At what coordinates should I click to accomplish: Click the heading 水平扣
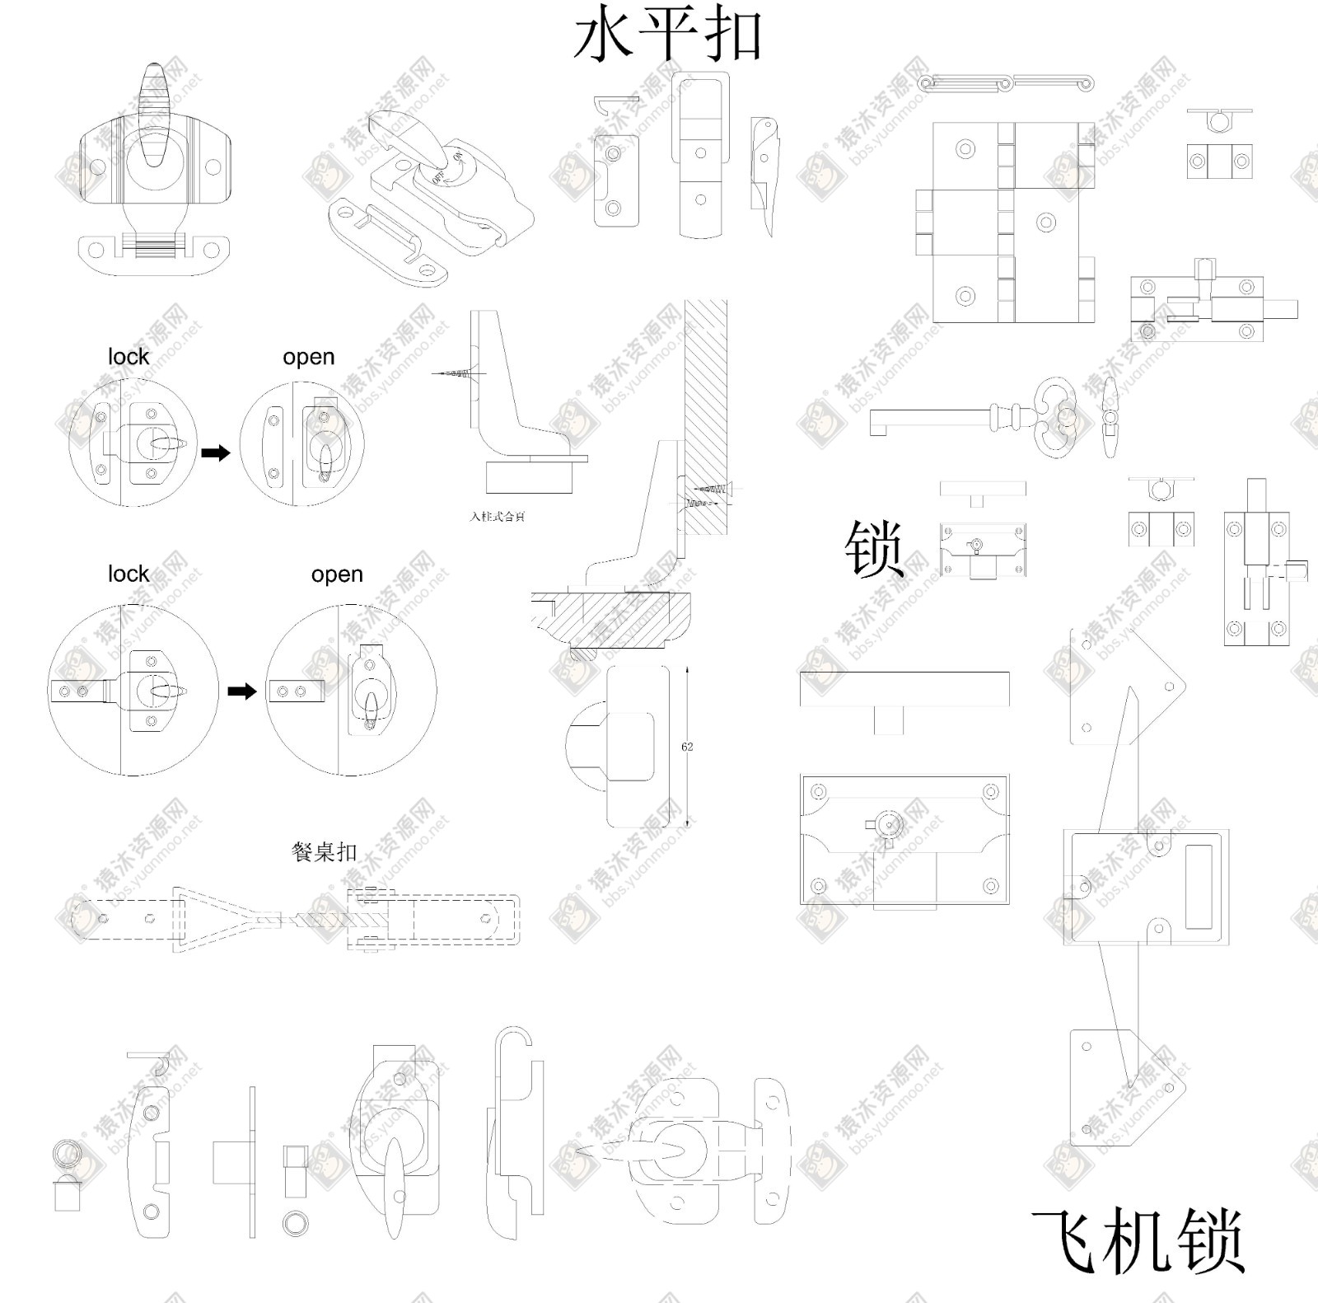pos(667,37)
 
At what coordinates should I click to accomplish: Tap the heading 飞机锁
pos(1138,1241)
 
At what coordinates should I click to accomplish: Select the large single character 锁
pos(874,548)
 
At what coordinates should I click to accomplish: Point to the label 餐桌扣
pos(324,851)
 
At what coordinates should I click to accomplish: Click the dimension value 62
pos(687,747)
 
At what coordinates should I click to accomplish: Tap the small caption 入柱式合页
pos(498,517)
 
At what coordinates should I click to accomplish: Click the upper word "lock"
pos(129,357)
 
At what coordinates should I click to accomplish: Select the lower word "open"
pos(337,574)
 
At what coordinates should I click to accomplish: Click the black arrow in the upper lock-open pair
pos(216,452)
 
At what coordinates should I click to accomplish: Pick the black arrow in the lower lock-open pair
pos(241,691)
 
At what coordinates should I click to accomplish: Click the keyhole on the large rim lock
pos(888,826)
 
